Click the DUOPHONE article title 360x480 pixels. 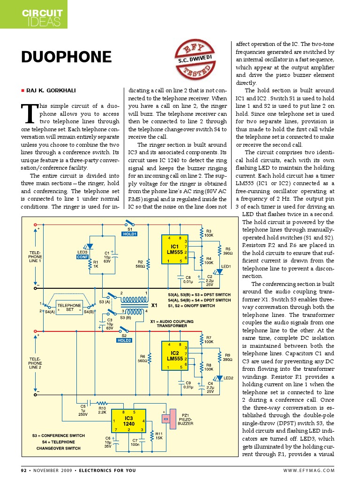[67, 58]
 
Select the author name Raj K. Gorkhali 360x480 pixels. [51, 90]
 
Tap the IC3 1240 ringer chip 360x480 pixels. [129, 420]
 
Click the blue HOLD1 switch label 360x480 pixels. [129, 234]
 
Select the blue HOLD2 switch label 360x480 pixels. [124, 340]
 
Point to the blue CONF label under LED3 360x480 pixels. [82, 257]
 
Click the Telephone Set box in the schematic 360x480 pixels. [69, 307]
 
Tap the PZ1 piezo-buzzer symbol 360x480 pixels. [167, 419]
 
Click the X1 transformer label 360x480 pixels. [154, 305]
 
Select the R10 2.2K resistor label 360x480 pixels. [102, 410]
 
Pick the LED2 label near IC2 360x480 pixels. [228, 378]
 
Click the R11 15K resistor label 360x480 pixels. [159, 436]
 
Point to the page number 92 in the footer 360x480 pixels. [24, 470]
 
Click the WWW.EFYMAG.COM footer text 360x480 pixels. [309, 470]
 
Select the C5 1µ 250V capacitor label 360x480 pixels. [83, 410]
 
